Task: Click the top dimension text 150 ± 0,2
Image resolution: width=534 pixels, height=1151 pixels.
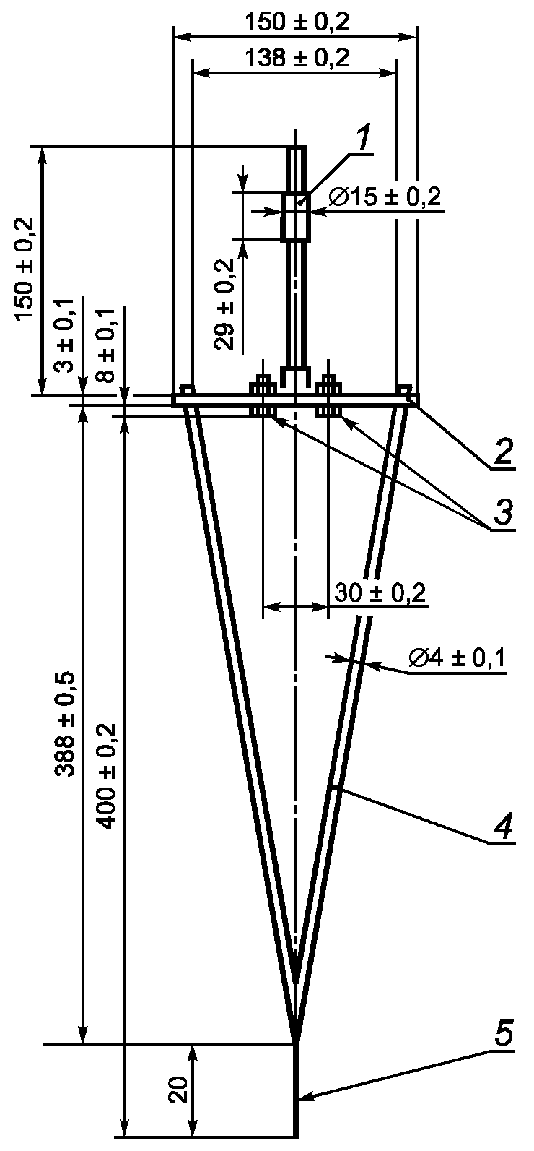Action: pyautogui.click(x=297, y=22)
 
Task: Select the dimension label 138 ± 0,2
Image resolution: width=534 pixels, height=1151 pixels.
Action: pyautogui.click(x=297, y=58)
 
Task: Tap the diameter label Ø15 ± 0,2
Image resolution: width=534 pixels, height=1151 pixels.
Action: pyautogui.click(x=385, y=197)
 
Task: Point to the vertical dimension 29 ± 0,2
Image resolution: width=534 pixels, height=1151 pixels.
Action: pyautogui.click(x=224, y=304)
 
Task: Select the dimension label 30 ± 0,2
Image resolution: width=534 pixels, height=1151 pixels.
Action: pyautogui.click(x=380, y=593)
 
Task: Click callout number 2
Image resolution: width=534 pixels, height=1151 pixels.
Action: pyautogui.click(x=502, y=453)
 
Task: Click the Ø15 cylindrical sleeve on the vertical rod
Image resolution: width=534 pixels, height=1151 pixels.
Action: pyautogui.click(x=296, y=216)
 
